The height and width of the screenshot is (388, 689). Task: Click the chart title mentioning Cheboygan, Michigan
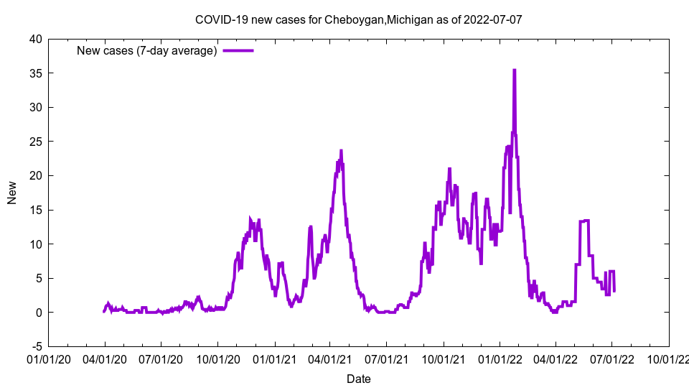pyautogui.click(x=358, y=19)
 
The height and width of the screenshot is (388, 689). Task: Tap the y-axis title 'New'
pyautogui.click(x=12, y=193)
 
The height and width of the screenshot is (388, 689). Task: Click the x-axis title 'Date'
pyautogui.click(x=358, y=379)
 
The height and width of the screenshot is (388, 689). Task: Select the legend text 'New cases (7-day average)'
pyautogui.click(x=146, y=50)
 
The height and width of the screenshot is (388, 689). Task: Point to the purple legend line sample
pyautogui.click(x=238, y=50)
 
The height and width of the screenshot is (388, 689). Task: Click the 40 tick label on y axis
pyautogui.click(x=35, y=39)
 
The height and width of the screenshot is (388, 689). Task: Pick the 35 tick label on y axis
pyautogui.click(x=35, y=73)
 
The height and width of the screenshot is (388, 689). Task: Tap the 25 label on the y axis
pyautogui.click(x=35, y=142)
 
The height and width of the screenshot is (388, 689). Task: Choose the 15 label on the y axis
pyautogui.click(x=35, y=210)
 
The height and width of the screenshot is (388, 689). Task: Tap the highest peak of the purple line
pyautogui.click(x=514, y=70)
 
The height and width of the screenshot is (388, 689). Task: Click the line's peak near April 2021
pyautogui.click(x=341, y=151)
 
